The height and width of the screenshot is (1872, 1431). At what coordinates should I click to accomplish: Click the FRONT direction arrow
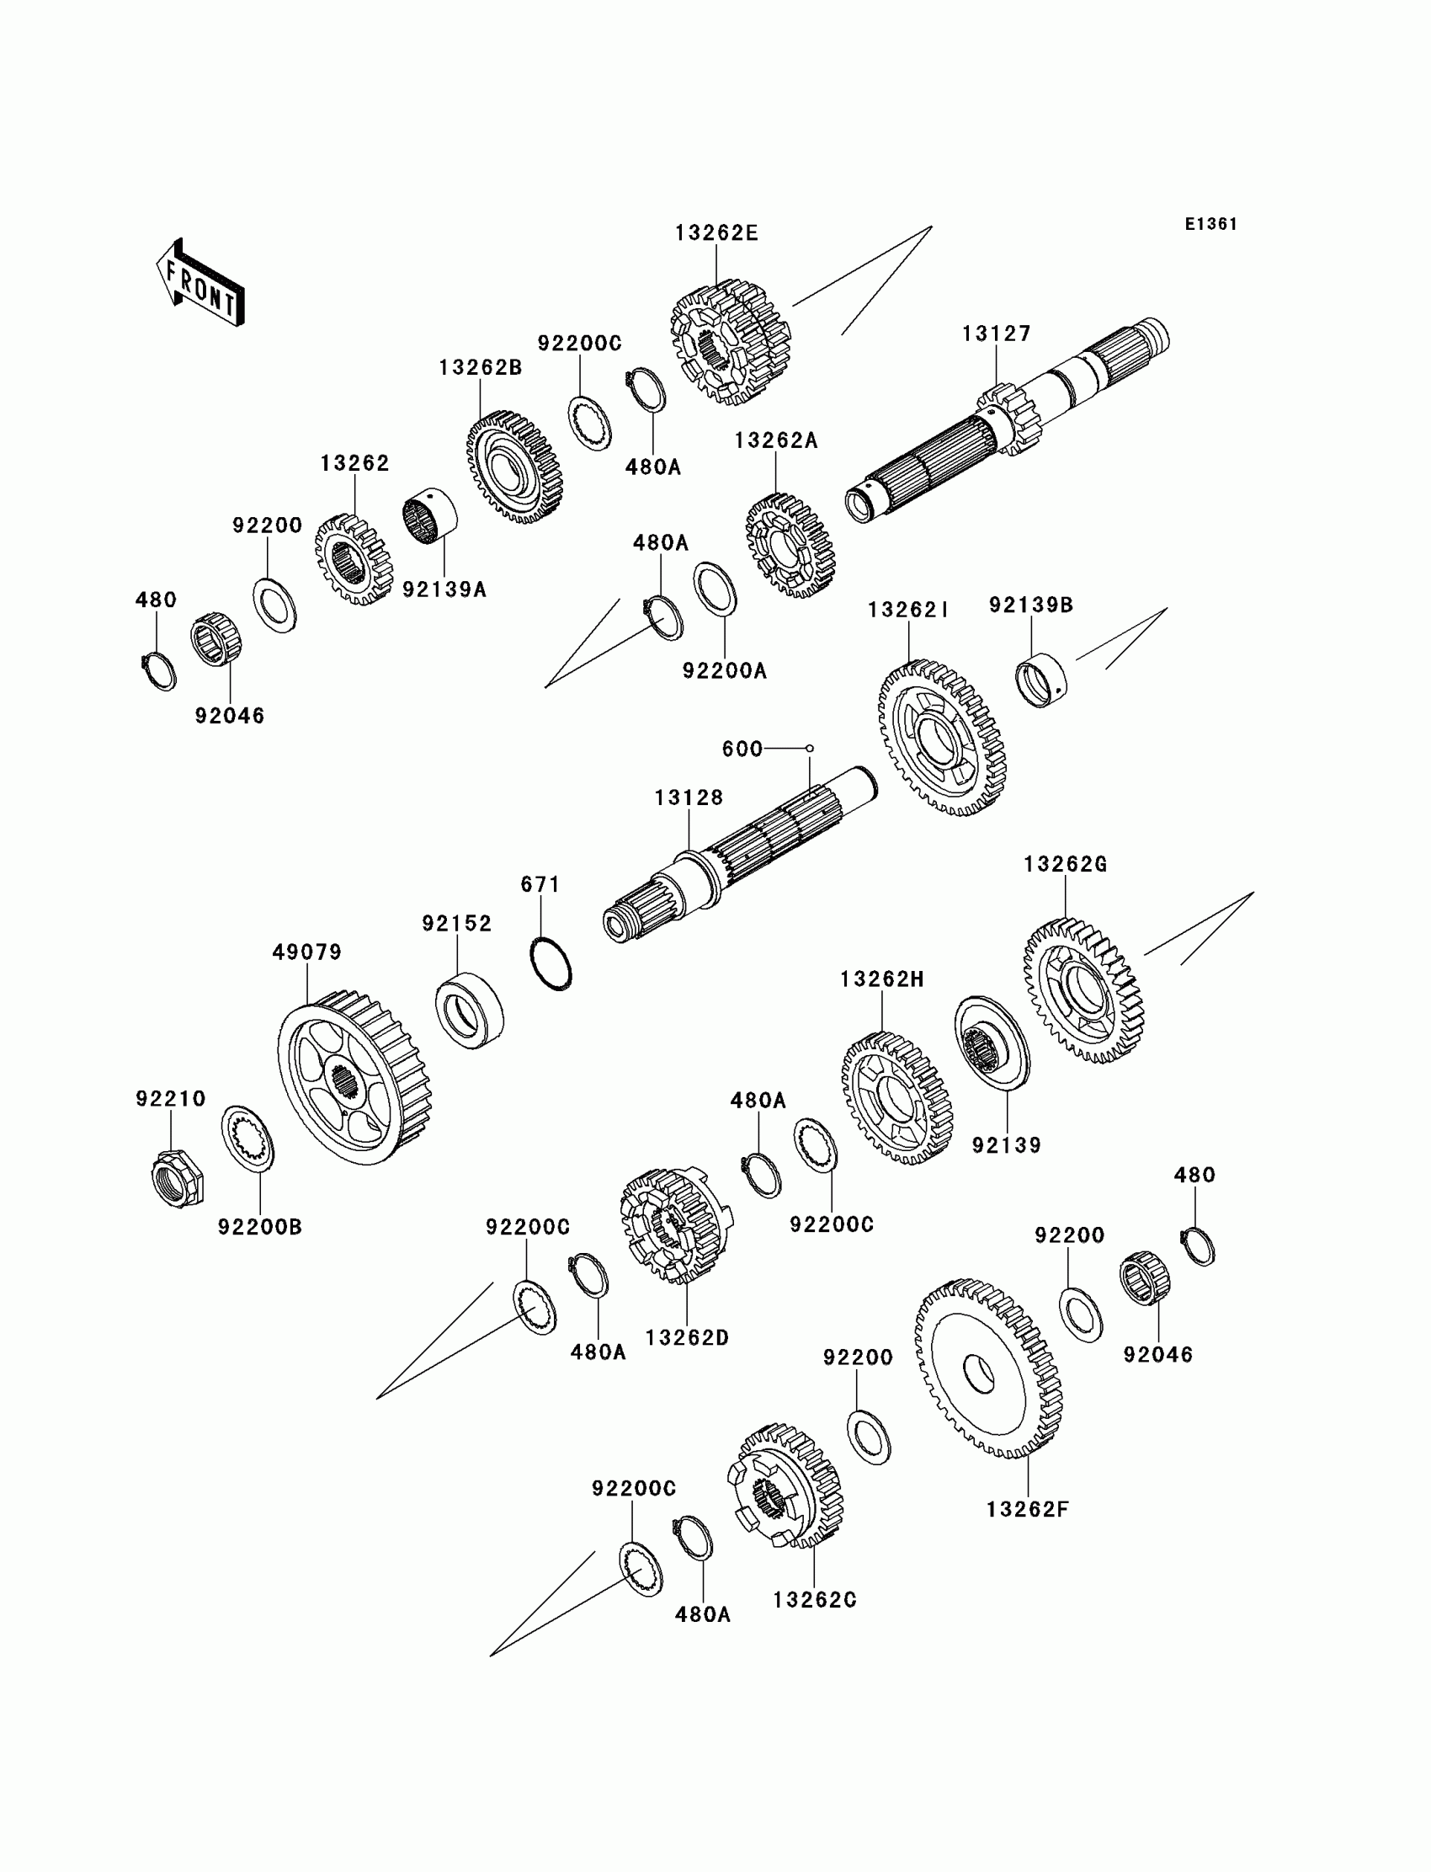pyautogui.click(x=200, y=282)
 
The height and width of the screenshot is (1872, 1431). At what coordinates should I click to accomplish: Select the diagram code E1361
pyautogui.click(x=1210, y=224)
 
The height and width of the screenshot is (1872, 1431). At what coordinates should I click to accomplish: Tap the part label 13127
pyautogui.click(x=997, y=333)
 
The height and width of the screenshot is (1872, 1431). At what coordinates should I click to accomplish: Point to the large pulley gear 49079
pyautogui.click(x=354, y=1077)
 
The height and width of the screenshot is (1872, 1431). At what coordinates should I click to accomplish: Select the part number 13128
pyautogui.click(x=689, y=797)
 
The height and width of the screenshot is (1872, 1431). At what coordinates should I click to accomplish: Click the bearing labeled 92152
pyautogui.click(x=470, y=1011)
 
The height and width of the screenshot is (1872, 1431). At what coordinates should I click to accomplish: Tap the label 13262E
pyautogui.click(x=716, y=233)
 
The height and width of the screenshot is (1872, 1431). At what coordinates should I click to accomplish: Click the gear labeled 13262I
pyautogui.click(x=942, y=738)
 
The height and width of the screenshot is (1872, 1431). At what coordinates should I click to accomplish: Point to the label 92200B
pyautogui.click(x=260, y=1227)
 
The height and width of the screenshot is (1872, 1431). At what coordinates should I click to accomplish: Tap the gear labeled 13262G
pyautogui.click(x=1083, y=990)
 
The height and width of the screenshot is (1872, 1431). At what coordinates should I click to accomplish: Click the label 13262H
pyautogui.click(x=881, y=980)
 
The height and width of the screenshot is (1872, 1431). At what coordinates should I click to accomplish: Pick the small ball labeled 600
pyautogui.click(x=809, y=748)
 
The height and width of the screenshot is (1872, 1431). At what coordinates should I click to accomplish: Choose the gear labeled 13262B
pyautogui.click(x=514, y=467)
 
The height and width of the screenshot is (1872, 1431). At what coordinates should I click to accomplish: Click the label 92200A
pyautogui.click(x=725, y=671)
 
